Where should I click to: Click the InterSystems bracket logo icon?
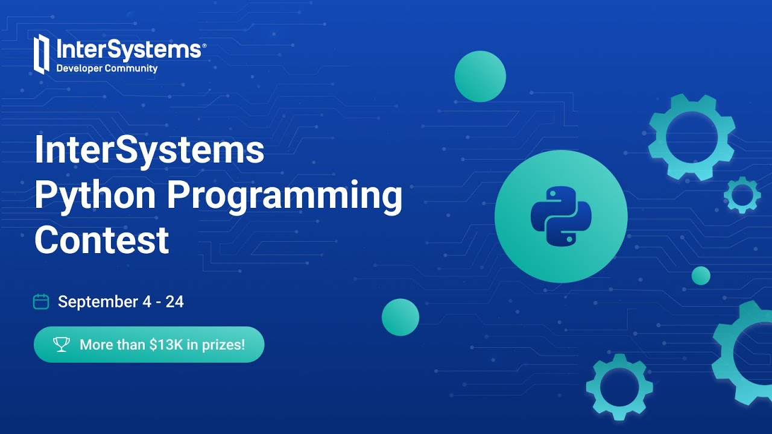pos(41,54)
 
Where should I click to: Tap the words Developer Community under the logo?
pos(107,69)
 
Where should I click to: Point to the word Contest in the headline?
pos(101,240)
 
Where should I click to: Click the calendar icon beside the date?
pos(40,301)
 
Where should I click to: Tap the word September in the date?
pos(98,301)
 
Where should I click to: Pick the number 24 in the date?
pos(174,301)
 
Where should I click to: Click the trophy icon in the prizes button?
pos(62,345)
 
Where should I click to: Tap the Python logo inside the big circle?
pos(561,216)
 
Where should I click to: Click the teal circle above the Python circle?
pos(480,77)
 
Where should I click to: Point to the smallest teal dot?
pos(701,275)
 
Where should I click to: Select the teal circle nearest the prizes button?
pos(400,317)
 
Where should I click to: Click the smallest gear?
pos(742,195)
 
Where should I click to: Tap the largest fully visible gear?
pos(692,137)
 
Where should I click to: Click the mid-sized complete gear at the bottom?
pos(619,386)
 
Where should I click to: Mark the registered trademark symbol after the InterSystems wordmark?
pos(204,45)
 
